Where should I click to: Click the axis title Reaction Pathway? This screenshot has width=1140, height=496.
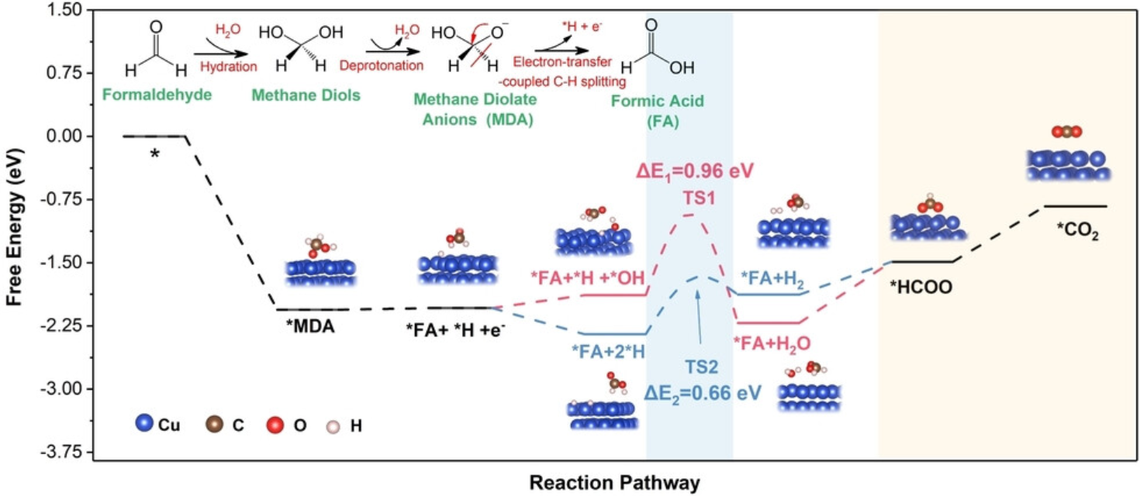(614, 482)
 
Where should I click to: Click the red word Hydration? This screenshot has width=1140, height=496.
(228, 67)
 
